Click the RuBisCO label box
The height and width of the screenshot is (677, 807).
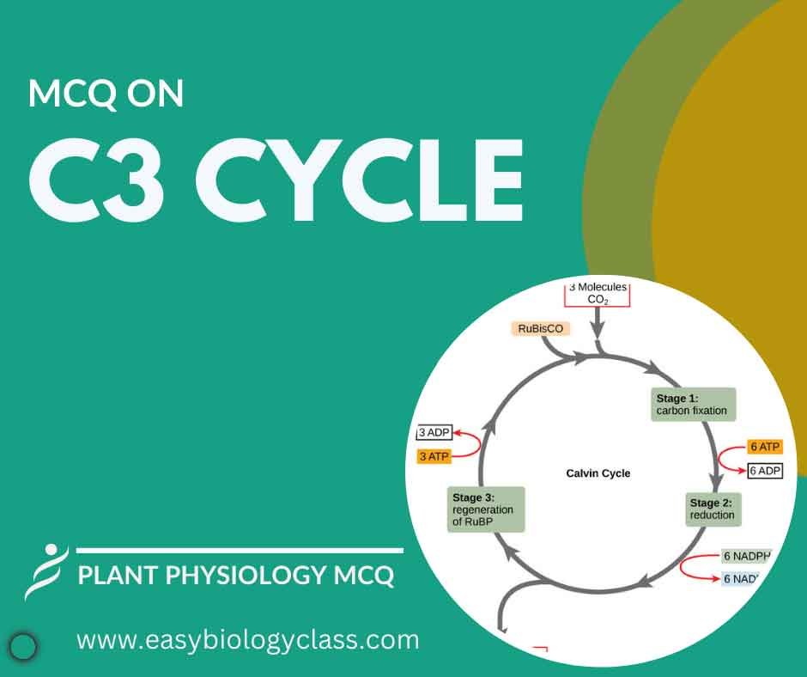[x=540, y=328]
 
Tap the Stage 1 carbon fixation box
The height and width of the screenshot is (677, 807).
[x=694, y=405]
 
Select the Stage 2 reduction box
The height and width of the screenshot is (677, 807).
[x=713, y=509]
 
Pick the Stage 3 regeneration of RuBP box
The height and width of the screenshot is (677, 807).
[x=486, y=509]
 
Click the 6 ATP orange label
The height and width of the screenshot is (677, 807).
[x=765, y=447]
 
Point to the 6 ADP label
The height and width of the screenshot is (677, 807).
[x=765, y=471]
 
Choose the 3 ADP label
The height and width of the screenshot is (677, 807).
[x=434, y=432]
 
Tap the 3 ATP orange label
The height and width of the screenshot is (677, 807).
[x=434, y=456]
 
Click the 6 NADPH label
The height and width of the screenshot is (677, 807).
[x=746, y=556]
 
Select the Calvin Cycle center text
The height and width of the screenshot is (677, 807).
[x=598, y=473]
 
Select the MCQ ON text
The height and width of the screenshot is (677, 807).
[x=106, y=94]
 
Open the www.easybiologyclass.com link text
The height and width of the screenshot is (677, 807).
[x=248, y=639]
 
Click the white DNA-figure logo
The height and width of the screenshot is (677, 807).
[x=46, y=572]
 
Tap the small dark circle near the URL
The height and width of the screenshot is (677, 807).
[x=24, y=645]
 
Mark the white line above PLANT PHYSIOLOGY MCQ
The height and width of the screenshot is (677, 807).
[x=240, y=550]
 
